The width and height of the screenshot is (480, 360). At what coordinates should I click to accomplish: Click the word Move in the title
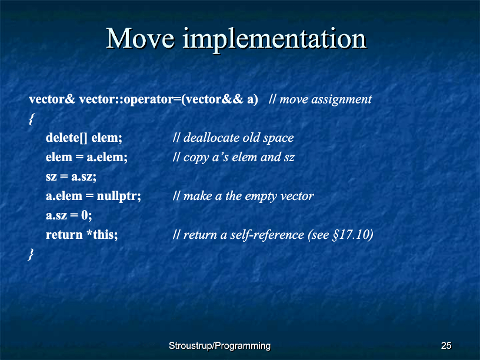coord(141,38)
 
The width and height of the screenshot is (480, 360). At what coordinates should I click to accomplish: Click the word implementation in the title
coord(275,41)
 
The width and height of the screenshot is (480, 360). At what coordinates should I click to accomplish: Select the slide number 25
coord(446,346)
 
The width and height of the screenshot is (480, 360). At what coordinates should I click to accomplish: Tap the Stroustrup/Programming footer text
coord(220,346)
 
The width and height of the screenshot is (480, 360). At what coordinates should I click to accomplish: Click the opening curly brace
coord(32,119)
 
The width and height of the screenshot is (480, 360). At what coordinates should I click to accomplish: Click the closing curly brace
coord(31,254)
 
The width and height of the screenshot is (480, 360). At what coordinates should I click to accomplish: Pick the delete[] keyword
coord(66,138)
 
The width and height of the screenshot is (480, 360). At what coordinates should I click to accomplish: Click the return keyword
coord(64,235)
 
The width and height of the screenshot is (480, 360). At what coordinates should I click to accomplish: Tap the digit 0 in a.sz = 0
coord(85,215)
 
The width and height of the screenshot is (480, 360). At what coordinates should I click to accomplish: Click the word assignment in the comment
coord(341,99)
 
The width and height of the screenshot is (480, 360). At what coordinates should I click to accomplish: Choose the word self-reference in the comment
coord(267,235)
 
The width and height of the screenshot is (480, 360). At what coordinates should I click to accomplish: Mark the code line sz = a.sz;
coord(71,177)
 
